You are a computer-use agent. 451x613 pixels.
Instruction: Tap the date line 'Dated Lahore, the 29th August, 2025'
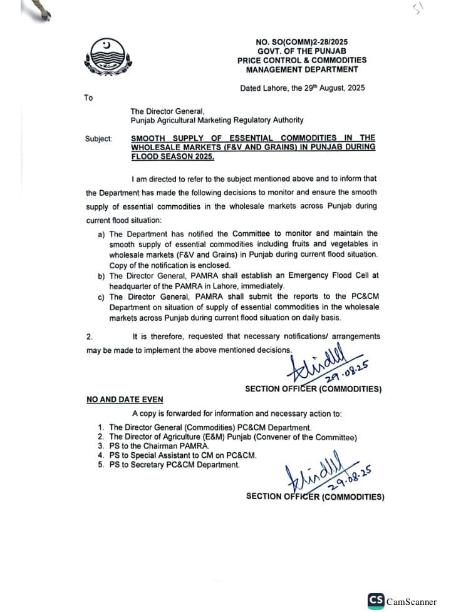point(302,88)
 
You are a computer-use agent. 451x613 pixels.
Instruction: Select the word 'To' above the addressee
point(88,98)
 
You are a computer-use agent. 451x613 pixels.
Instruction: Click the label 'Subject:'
point(99,138)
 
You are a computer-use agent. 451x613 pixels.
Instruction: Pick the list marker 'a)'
point(101,233)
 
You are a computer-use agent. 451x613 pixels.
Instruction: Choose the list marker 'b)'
point(101,275)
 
